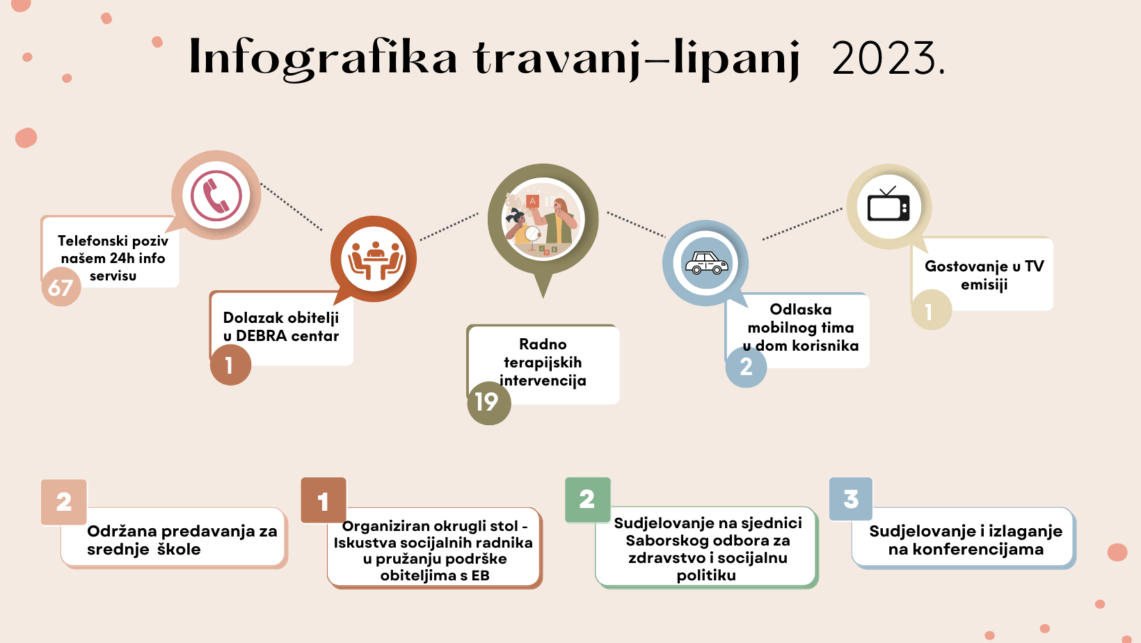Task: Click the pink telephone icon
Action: coord(216,196)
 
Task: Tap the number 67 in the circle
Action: coord(61,287)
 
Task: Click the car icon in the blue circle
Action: coord(706,263)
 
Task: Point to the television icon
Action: coord(888,204)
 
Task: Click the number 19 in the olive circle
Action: coord(486,402)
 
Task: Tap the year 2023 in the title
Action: coord(888,58)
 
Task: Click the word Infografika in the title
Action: coord(323,58)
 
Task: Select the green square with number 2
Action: coord(588,500)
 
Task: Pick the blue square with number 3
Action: coord(851,499)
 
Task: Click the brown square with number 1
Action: coord(324,500)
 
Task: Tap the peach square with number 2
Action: coord(64,502)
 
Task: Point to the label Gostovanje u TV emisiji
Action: coord(984,275)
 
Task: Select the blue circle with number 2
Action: coord(747,367)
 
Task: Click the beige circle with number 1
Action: coord(931,310)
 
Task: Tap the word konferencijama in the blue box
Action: coord(966,550)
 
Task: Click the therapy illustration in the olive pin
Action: coord(543,220)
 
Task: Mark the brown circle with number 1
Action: coord(231,365)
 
